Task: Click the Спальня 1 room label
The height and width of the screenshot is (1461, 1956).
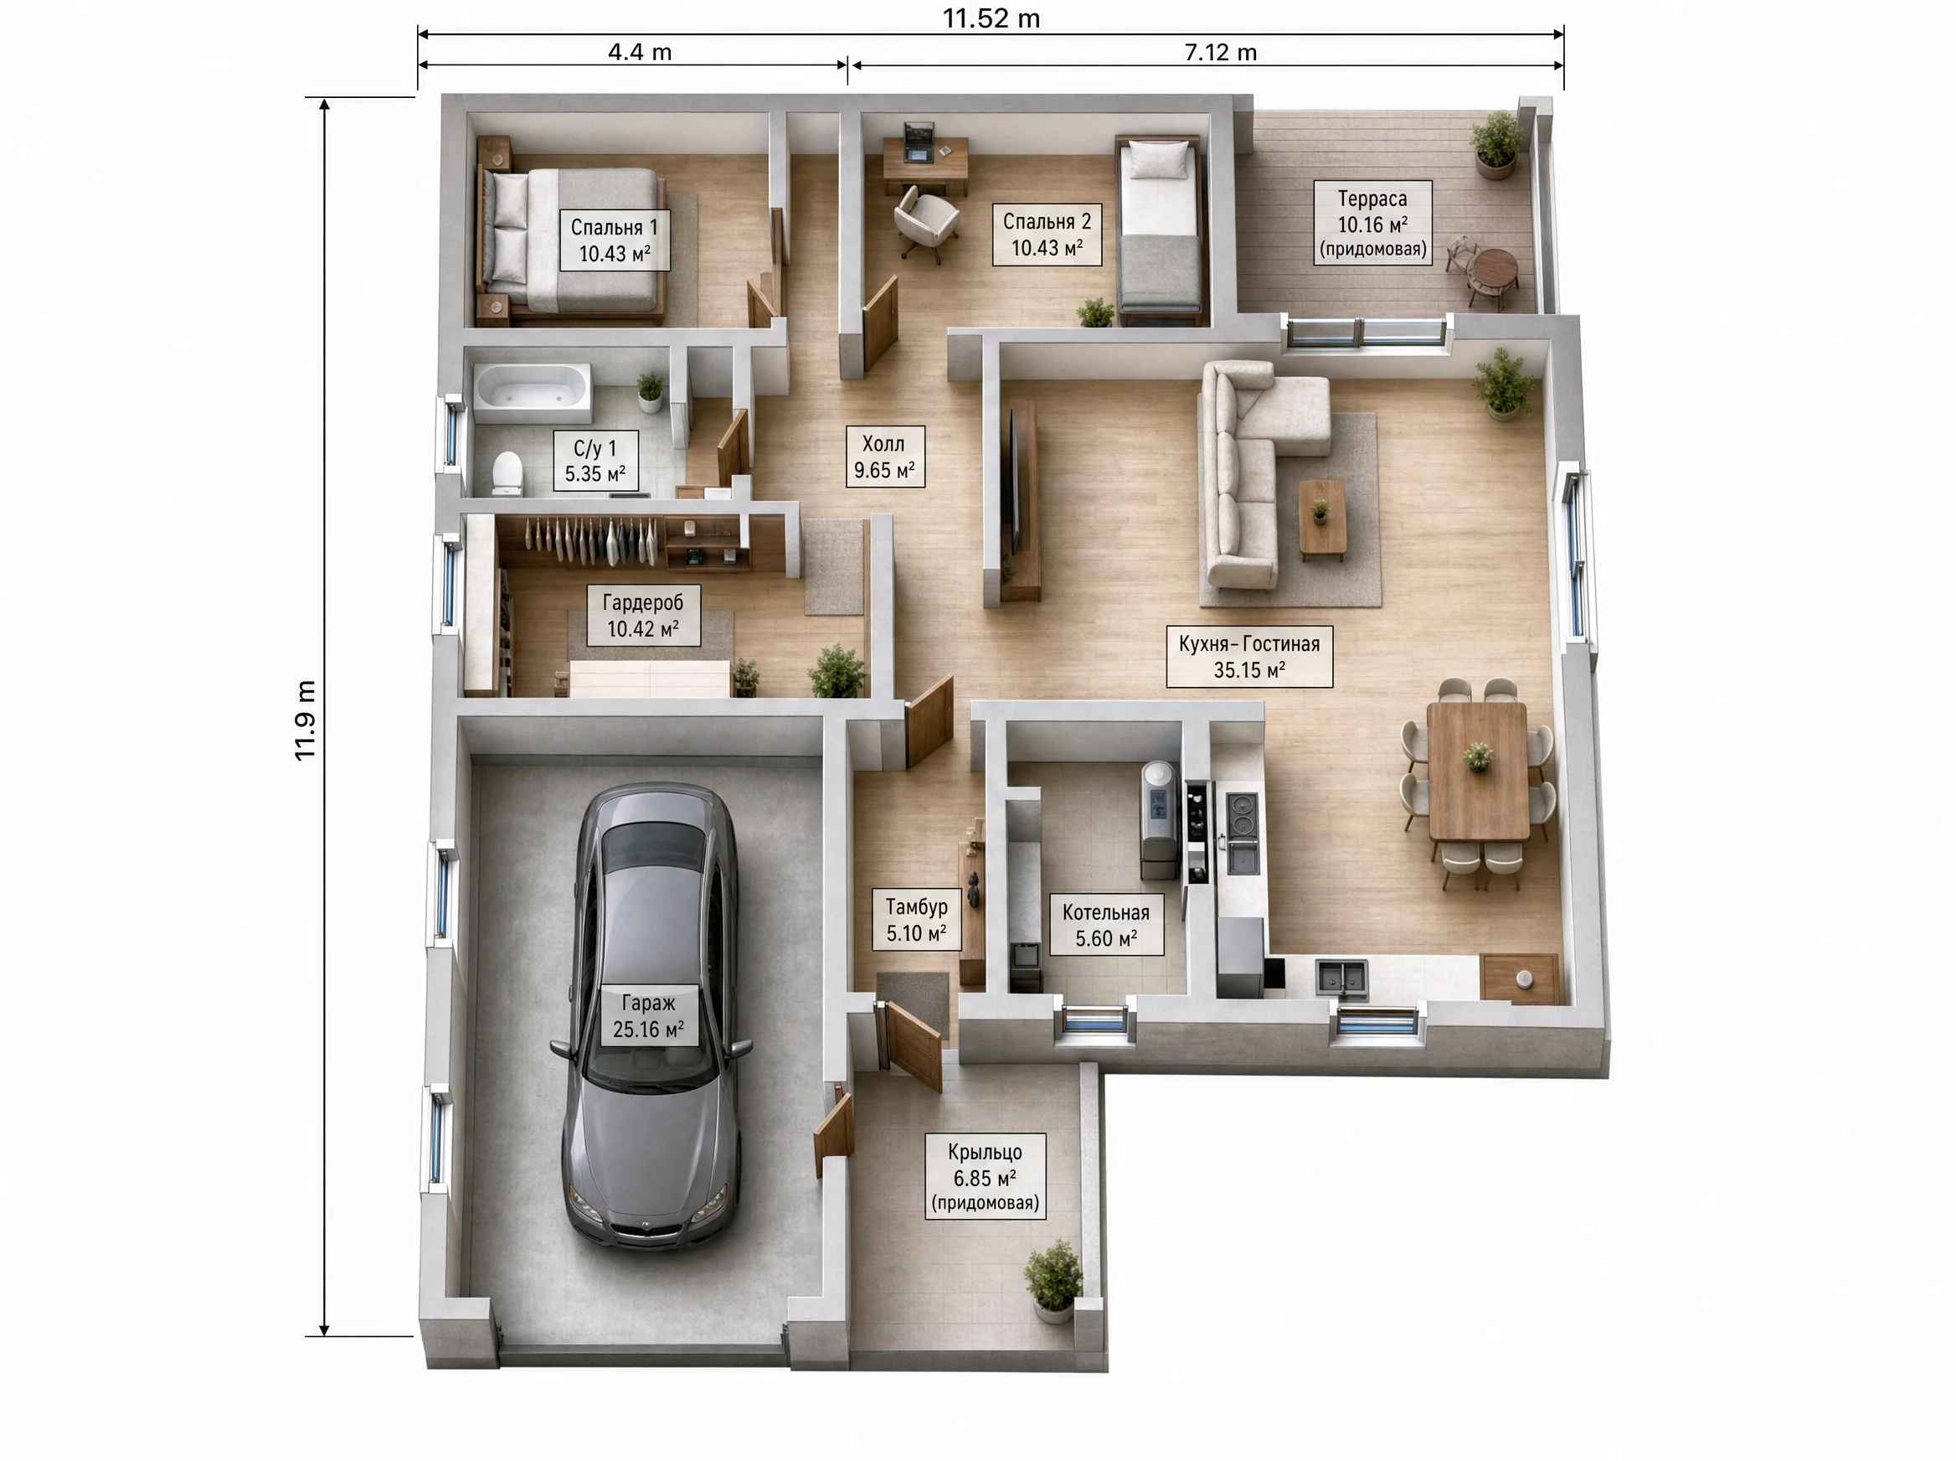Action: click(x=615, y=240)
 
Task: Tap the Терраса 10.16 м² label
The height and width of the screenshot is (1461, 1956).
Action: click(x=1372, y=223)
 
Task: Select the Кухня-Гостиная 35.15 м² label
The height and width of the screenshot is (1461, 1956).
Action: click(x=1249, y=657)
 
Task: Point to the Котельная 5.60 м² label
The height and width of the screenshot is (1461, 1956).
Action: click(x=1106, y=925)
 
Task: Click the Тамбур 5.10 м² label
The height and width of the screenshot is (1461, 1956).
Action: click(x=917, y=920)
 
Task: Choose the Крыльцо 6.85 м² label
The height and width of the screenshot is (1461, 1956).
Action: click(x=986, y=1177)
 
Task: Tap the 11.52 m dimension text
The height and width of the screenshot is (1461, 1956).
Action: click(x=991, y=18)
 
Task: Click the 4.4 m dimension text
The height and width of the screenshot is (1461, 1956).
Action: click(x=640, y=52)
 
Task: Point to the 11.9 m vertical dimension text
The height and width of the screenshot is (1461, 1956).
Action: click(x=304, y=720)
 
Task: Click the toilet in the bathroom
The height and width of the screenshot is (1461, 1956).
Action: click(x=507, y=474)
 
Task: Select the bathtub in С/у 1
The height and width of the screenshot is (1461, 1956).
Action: click(x=533, y=392)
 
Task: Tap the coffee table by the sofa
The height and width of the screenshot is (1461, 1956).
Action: click(x=1322, y=520)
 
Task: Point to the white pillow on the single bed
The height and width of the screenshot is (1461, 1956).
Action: click(x=1160, y=159)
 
